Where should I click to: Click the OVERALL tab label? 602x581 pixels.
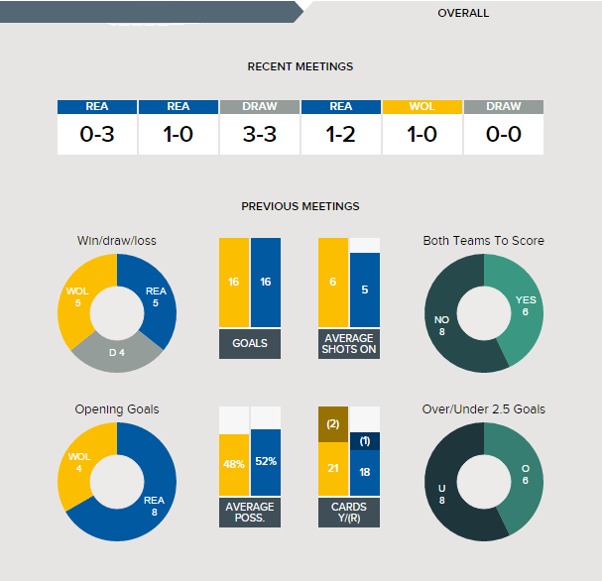coord(463,14)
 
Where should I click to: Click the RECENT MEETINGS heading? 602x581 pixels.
coord(300,67)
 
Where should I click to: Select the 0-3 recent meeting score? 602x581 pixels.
coord(96,135)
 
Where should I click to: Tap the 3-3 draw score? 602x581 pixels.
coord(259,135)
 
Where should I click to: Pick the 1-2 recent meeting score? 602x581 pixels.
coord(340,135)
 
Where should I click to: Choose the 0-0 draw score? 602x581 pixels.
coord(503,135)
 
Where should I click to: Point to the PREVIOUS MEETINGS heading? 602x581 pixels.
coord(300,206)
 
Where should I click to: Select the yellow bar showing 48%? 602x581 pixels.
coord(234,463)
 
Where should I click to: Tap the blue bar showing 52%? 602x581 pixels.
coord(266,461)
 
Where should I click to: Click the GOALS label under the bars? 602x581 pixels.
coord(249,343)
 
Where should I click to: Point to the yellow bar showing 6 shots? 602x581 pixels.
coord(332,283)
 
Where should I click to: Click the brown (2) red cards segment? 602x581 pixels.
coord(332,424)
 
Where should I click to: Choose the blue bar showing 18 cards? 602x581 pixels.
coord(364,472)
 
